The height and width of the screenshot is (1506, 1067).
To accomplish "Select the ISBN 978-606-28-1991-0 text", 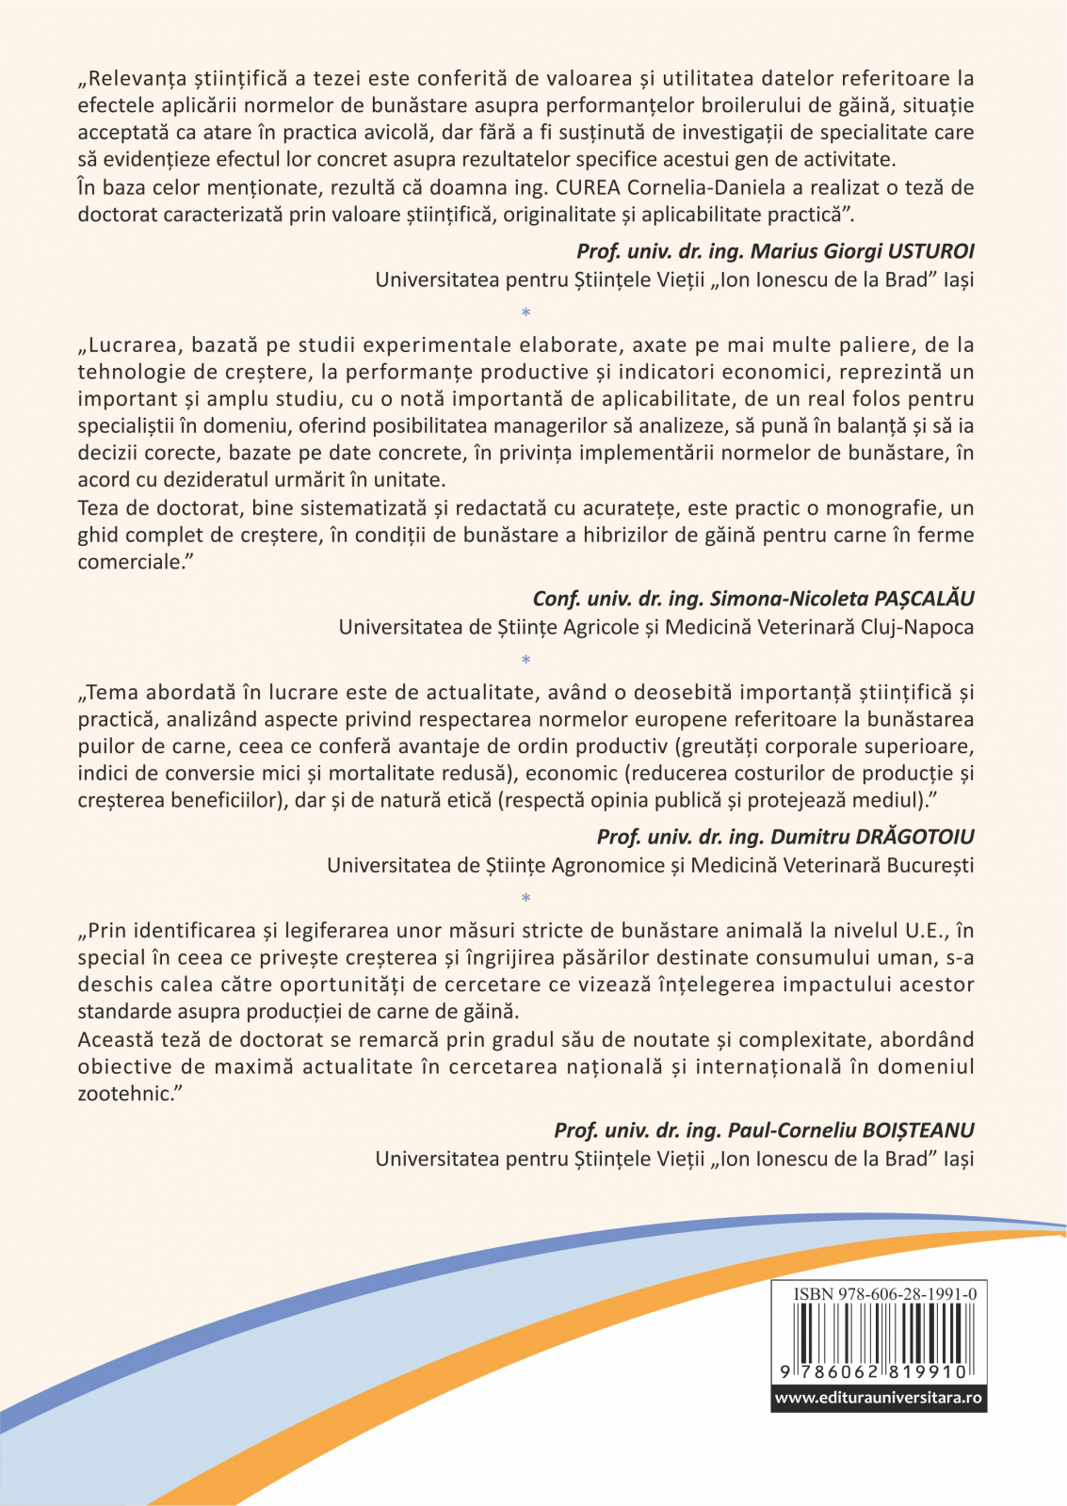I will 884,1294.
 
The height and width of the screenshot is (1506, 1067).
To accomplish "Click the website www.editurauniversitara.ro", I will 878,1398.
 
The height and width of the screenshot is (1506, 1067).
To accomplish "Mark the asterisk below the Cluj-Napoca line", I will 525,661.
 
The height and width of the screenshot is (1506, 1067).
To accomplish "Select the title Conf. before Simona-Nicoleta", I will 556,599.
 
